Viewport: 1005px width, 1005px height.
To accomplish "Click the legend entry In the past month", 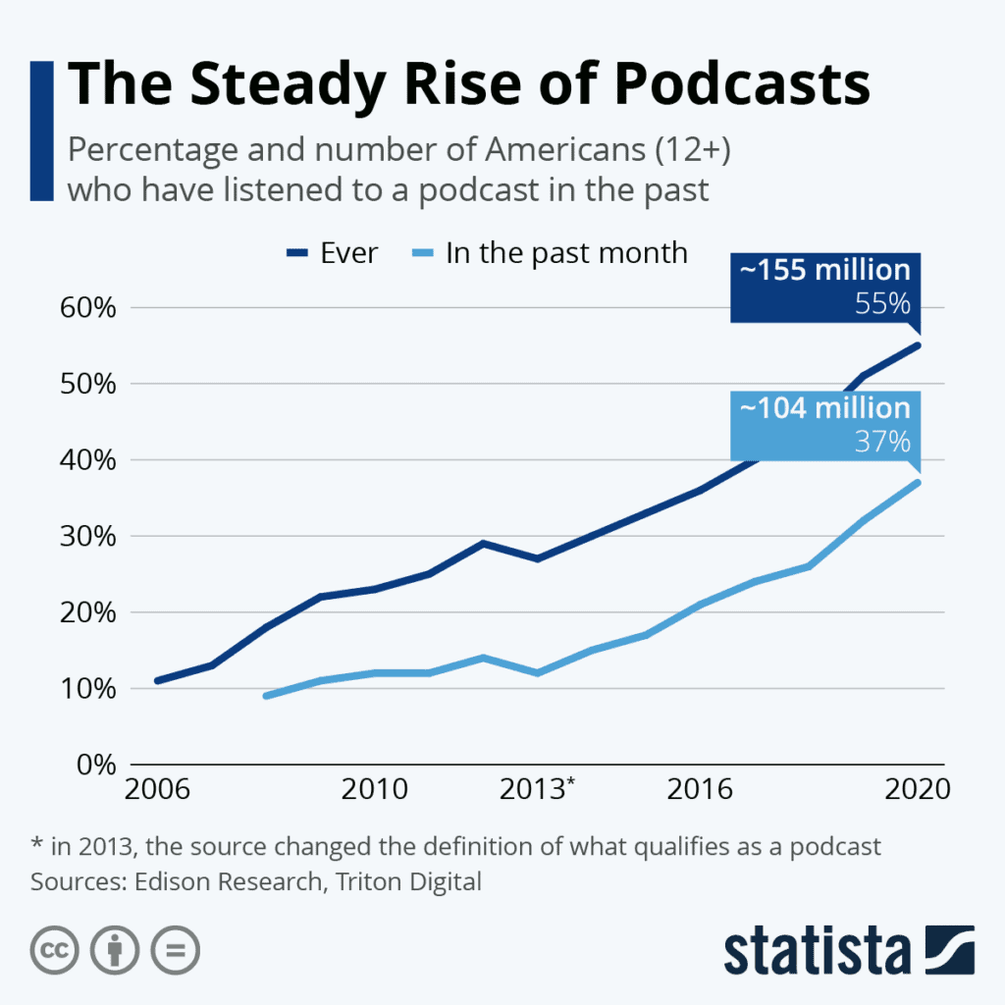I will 550,253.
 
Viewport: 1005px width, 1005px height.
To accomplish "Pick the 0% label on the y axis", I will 96,765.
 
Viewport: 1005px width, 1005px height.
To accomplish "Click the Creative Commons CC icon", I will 55,949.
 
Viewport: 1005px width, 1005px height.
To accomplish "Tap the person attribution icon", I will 114,949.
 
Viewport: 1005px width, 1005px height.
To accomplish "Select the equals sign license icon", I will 175,949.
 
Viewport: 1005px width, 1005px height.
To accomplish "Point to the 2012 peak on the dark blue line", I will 483,543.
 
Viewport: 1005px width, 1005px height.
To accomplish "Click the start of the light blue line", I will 267,696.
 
